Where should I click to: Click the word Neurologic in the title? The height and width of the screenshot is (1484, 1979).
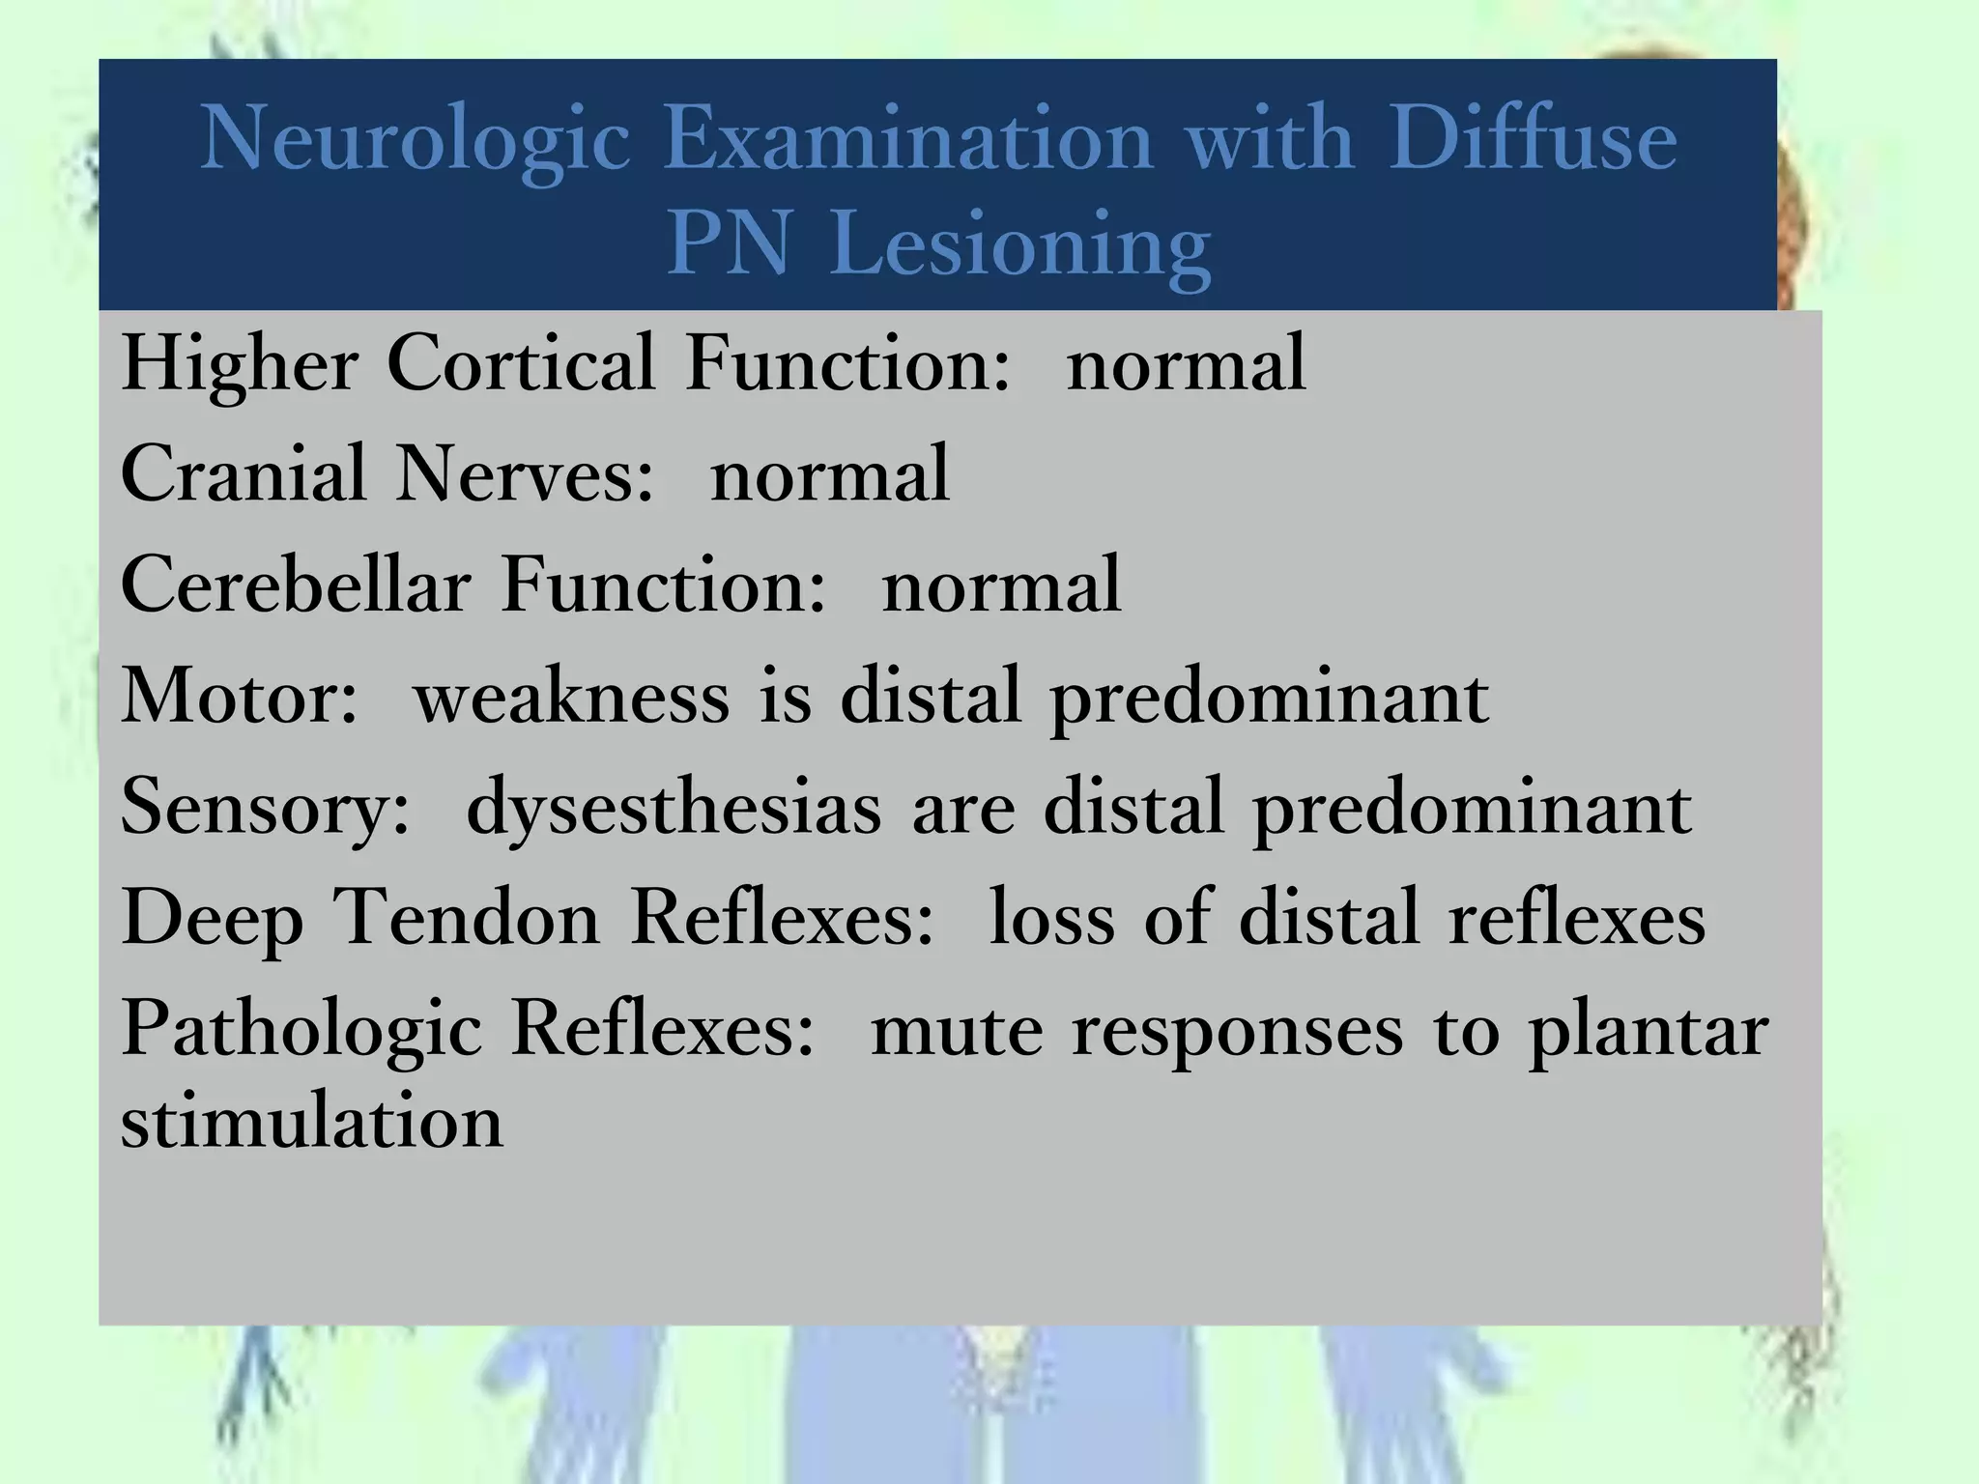(x=416, y=141)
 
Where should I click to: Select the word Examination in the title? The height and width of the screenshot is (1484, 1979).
(x=908, y=139)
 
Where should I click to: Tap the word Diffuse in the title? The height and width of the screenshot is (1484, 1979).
(x=1534, y=139)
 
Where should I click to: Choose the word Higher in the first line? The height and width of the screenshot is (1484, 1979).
(x=240, y=365)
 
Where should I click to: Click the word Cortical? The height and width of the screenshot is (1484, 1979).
(x=522, y=363)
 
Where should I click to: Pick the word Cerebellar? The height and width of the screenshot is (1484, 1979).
(x=296, y=585)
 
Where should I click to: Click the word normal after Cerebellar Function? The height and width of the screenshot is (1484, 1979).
(x=1001, y=585)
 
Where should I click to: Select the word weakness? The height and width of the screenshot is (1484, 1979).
(x=571, y=696)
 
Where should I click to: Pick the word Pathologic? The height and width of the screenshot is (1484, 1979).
(x=301, y=1030)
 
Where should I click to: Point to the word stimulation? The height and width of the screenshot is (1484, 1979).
(x=312, y=1123)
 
